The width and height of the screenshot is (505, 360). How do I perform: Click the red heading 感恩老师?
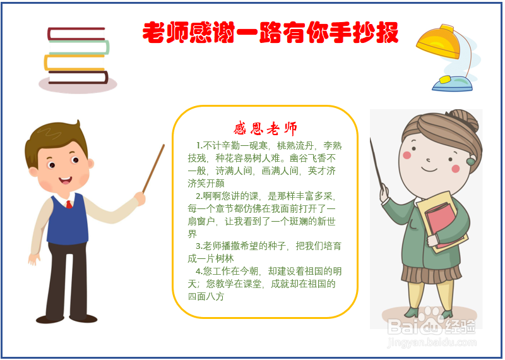(265, 129)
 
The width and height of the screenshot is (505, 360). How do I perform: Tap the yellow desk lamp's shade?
(439, 42)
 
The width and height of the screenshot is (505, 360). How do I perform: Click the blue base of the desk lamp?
(452, 85)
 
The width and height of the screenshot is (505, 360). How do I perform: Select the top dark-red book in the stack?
(76, 34)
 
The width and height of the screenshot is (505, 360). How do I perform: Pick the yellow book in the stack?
(74, 63)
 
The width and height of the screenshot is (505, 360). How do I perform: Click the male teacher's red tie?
(69, 204)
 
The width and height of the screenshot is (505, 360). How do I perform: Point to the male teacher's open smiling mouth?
(66, 180)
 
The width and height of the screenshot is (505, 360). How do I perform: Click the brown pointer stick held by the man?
(153, 169)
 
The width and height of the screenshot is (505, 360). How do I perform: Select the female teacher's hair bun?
(465, 119)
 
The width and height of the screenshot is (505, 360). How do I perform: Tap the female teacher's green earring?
(471, 161)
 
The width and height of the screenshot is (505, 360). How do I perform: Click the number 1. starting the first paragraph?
(199, 146)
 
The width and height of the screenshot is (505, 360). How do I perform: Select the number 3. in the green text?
(199, 246)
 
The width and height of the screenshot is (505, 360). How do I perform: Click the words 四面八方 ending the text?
(206, 296)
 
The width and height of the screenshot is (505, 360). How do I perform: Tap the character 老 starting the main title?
(153, 33)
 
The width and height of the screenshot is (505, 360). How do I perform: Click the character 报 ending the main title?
(388, 33)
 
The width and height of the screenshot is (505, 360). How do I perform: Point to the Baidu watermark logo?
(431, 325)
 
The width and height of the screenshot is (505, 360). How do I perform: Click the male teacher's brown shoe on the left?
(50, 319)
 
